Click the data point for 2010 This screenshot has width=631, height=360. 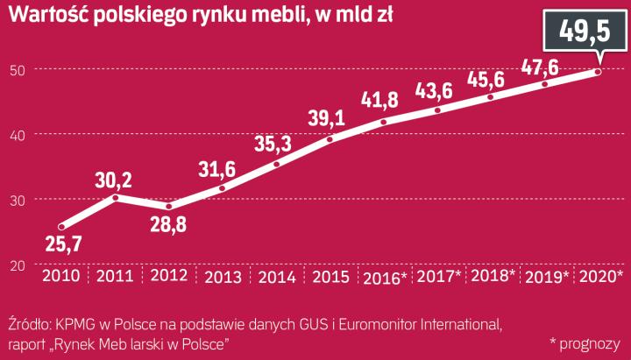pyautogui.click(x=61, y=225)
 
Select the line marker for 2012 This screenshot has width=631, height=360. pyautogui.click(x=169, y=207)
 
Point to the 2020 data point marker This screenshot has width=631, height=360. pyautogui.click(x=599, y=72)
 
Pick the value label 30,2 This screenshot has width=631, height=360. pyautogui.click(x=114, y=180)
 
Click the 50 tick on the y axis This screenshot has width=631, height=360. pyautogui.click(x=17, y=69)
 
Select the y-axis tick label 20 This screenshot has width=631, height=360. pyautogui.click(x=17, y=265)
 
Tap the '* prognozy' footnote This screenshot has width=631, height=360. pyautogui.click(x=585, y=342)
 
